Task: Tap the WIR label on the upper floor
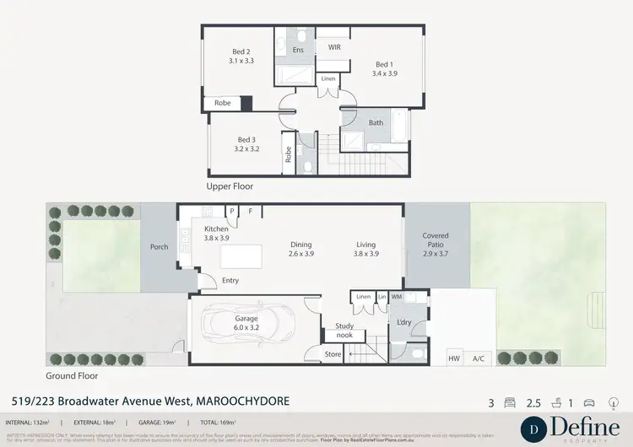(334, 48)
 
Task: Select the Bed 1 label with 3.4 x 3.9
(385, 69)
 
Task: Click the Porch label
(159, 247)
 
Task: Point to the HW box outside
(454, 358)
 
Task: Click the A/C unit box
(479, 358)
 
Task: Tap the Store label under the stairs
(333, 354)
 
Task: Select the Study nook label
(344, 329)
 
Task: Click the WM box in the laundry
(419, 297)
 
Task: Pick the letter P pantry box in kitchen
(231, 212)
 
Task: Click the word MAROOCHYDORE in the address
(243, 401)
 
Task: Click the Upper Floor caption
(230, 186)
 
